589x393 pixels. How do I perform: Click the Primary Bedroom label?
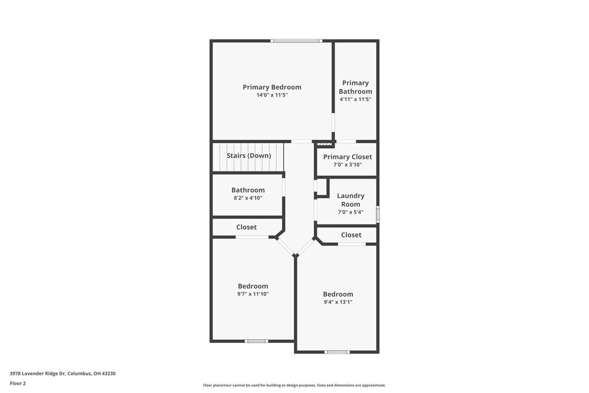coord(272,87)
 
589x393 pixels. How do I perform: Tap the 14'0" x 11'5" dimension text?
coord(272,95)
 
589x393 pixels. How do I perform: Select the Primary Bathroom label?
coord(355,87)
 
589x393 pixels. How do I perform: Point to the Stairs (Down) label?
coord(249,156)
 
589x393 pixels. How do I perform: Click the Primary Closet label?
coord(348,157)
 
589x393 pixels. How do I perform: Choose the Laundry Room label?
coord(350,200)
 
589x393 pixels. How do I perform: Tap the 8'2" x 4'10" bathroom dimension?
coord(248,198)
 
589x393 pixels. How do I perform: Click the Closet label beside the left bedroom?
coord(246,227)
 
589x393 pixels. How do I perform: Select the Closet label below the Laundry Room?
coord(351,235)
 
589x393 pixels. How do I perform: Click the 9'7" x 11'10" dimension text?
coord(253,294)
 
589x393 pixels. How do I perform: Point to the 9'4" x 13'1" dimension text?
coord(338,302)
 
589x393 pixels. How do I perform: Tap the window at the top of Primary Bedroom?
coord(296,41)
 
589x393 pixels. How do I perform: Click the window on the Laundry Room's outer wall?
coord(378,213)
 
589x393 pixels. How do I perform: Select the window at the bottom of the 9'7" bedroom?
coord(256,341)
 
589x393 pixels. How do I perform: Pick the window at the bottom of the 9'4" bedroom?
coord(337,352)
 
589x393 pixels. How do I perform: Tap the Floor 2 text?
coord(18,383)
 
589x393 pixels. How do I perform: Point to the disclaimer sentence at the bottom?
coord(294,385)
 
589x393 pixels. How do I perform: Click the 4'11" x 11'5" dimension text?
coord(355,100)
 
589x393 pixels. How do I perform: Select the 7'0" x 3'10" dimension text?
coord(348,165)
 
